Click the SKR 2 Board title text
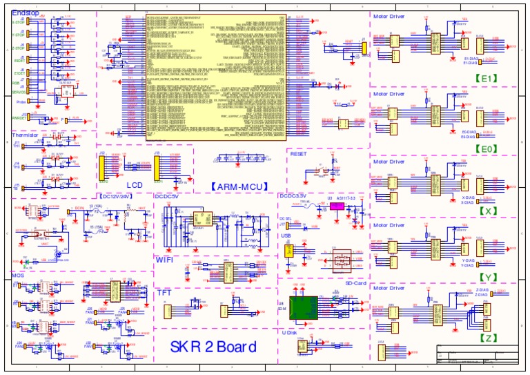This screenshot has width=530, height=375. (213, 347)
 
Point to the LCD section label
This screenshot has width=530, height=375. (135, 185)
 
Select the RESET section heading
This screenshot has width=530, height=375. (299, 154)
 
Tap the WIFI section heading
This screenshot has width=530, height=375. (165, 260)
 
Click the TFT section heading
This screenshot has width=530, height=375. (164, 293)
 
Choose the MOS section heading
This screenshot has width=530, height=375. (19, 275)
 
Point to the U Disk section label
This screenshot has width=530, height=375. (293, 333)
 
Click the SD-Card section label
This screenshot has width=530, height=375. (357, 284)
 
